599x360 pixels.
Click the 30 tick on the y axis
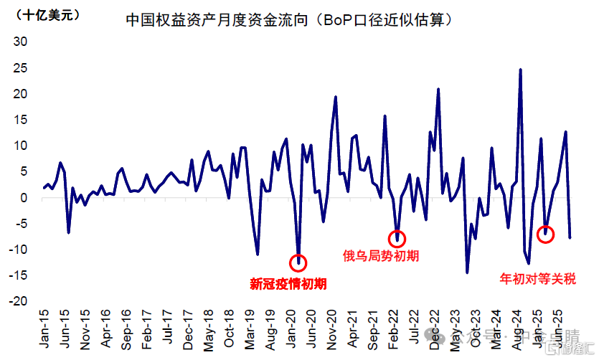click(x=21, y=42)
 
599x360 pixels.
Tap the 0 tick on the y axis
click(x=24, y=198)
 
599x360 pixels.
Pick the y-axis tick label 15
click(x=21, y=120)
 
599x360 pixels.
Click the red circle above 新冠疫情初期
click(x=298, y=262)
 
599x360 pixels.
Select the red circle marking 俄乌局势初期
click(x=397, y=239)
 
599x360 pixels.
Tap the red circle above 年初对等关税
click(x=545, y=234)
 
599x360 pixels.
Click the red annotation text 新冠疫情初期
click(x=288, y=283)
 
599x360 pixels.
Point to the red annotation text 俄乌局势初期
click(x=381, y=256)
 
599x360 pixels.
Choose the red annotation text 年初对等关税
click(x=537, y=278)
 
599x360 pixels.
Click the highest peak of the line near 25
click(x=520, y=70)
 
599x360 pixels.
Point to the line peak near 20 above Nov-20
click(x=336, y=97)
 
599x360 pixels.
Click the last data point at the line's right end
click(x=570, y=237)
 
